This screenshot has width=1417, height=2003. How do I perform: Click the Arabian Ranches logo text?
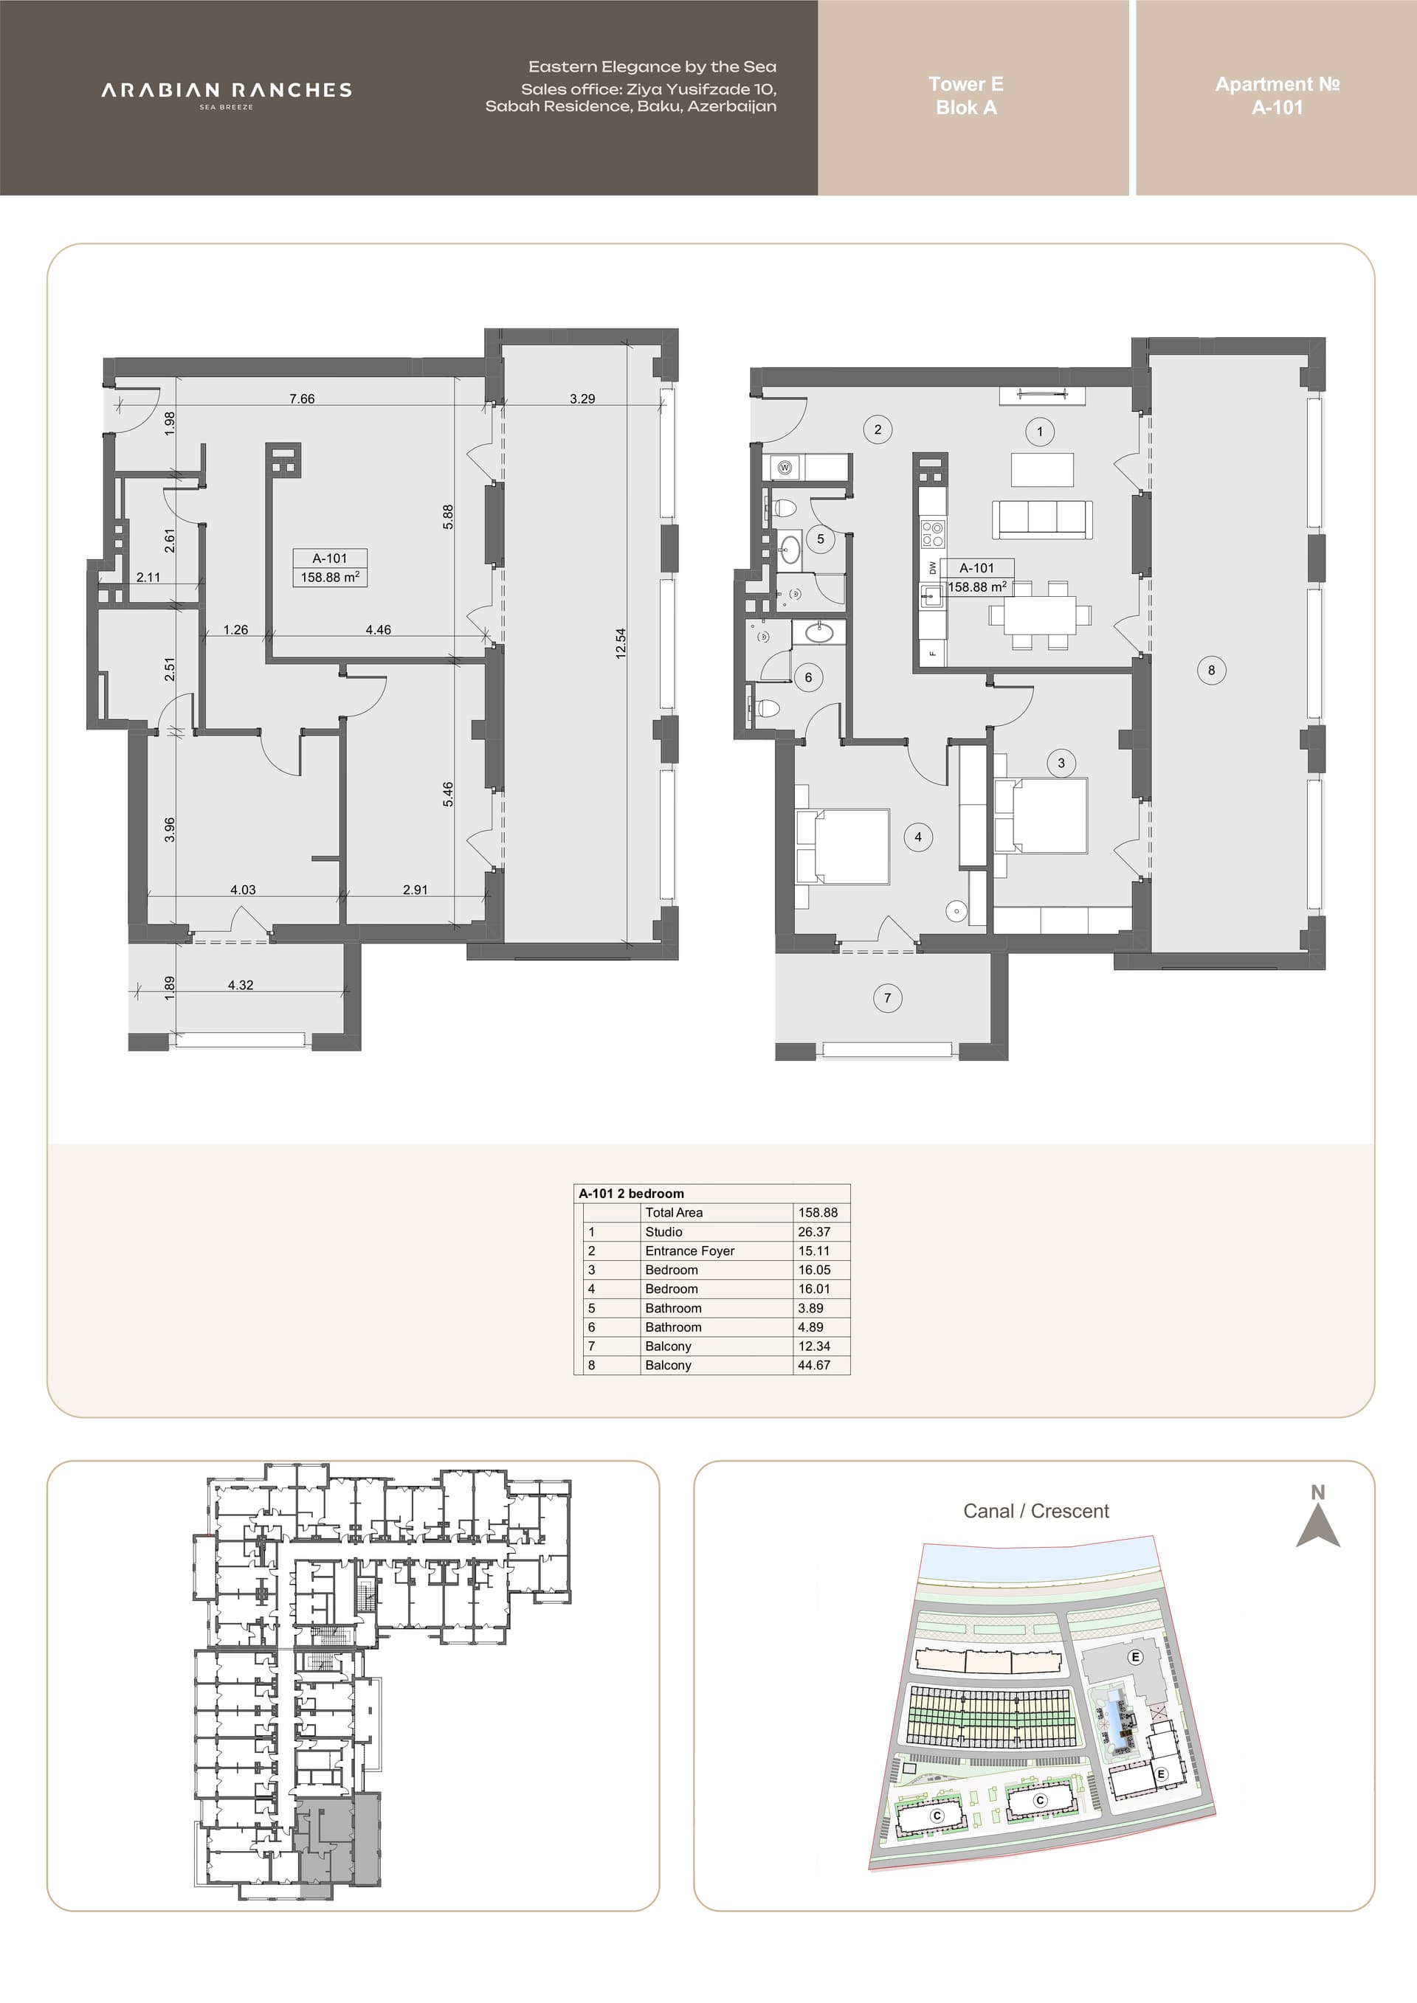pos(226,91)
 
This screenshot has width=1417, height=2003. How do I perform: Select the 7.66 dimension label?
pos(302,398)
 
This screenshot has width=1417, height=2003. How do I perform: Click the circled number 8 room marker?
pos(1211,670)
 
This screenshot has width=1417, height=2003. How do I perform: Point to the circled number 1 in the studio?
pos(1039,431)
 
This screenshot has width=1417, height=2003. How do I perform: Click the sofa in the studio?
pos(1042,519)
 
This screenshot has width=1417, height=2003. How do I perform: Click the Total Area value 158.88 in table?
pos(818,1211)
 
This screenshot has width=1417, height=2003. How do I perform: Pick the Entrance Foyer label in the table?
pos(690,1250)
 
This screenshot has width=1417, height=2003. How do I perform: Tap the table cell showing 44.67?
pos(814,1364)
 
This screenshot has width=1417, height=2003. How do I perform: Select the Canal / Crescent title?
pos(1035,1511)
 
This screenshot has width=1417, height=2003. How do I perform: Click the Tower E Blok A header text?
pos(966,96)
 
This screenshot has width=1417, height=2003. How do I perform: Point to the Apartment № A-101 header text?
pos(1278,96)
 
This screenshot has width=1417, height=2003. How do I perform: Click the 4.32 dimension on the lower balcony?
pos(241,985)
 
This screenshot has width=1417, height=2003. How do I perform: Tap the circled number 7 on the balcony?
pos(887,998)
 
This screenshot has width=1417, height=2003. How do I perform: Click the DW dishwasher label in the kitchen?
pos(933,567)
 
